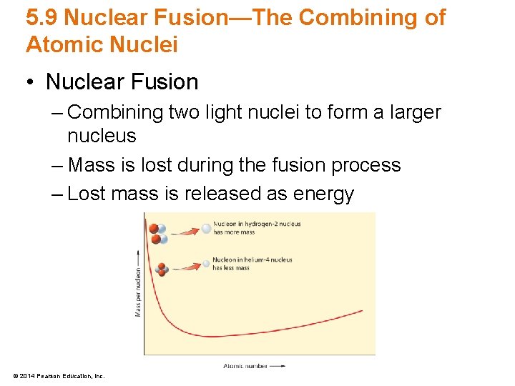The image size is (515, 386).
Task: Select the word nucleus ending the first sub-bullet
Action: tap(102, 135)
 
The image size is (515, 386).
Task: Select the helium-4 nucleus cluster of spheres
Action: tap(162, 269)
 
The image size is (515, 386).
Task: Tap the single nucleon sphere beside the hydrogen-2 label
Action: tap(206, 229)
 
